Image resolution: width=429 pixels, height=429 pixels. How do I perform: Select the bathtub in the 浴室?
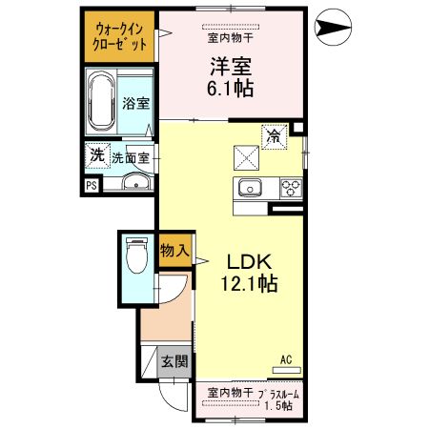pos(102,103)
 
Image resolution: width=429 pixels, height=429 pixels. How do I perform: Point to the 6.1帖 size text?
pos(229,86)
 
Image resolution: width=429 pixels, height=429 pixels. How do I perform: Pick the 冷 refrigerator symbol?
pos(275,136)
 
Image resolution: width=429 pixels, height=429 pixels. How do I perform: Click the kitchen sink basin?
pos(251,186)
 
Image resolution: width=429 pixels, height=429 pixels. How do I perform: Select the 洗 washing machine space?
pos(95,154)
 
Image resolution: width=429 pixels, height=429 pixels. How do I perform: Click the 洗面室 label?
pos(130,158)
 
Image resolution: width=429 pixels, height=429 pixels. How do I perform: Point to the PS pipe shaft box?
pos(92,186)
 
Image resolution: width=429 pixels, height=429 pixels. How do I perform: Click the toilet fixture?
pos(135,255)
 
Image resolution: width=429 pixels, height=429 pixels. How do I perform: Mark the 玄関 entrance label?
pos(174,361)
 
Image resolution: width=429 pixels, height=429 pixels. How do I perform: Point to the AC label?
pos(285,359)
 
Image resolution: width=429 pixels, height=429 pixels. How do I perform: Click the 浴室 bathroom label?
pos(135,104)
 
